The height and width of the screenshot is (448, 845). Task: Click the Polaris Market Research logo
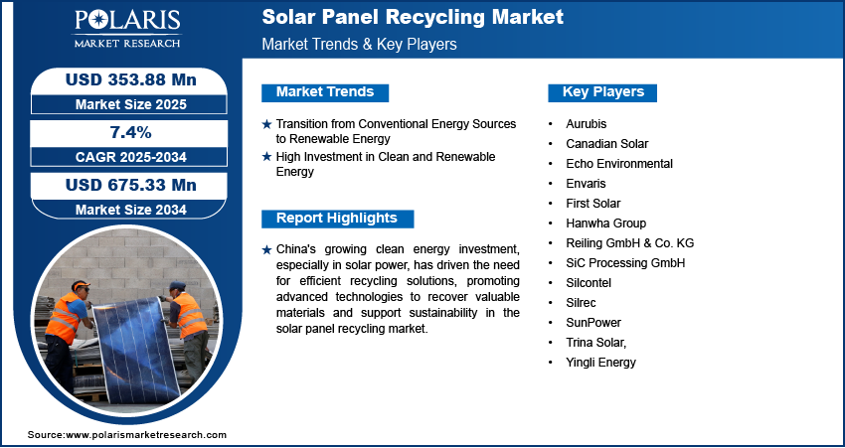(x=127, y=28)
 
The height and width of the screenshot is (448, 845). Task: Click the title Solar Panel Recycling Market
(x=413, y=17)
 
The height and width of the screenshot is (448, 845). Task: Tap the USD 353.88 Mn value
(x=131, y=80)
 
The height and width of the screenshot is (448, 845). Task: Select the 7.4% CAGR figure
(x=131, y=132)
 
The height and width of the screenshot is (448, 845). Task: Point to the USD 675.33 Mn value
(x=131, y=185)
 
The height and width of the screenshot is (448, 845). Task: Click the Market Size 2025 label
(x=131, y=104)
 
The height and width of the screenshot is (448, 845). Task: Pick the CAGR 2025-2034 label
(x=131, y=157)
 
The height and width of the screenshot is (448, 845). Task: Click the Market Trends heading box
(x=325, y=92)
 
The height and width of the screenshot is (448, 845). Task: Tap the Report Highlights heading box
(x=337, y=219)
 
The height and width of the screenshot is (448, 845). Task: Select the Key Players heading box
(x=602, y=92)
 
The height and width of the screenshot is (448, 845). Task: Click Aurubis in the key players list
(x=586, y=124)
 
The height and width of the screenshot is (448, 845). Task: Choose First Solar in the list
(x=592, y=204)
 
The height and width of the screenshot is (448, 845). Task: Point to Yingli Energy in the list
(x=600, y=363)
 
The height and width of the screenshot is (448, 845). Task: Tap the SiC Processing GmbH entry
(x=625, y=263)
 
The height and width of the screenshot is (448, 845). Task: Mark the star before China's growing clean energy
(x=266, y=250)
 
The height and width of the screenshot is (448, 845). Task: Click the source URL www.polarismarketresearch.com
(x=146, y=435)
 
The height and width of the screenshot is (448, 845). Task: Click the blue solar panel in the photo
(x=136, y=351)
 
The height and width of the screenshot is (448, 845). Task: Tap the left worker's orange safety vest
(x=64, y=317)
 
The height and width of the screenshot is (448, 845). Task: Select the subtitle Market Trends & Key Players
(x=359, y=44)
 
